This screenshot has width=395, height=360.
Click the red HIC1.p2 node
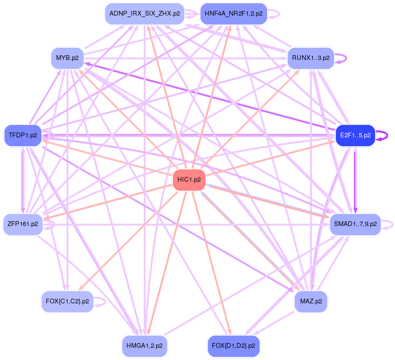click(189, 180)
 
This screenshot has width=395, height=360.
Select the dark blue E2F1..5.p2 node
click(355, 135)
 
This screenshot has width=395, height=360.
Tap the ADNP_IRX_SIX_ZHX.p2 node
click(144, 14)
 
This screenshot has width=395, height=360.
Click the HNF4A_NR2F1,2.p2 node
click(234, 14)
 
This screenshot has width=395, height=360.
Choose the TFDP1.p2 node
click(23, 135)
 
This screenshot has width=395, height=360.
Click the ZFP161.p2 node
click(23, 224)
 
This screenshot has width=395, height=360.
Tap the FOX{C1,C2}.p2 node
click(67, 301)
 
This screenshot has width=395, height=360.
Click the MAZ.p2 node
click(311, 301)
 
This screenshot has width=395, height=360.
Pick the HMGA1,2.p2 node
click(144, 346)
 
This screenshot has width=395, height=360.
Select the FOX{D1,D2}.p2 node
click(234, 346)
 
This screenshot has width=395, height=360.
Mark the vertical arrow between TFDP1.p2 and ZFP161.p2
click(22, 179)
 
